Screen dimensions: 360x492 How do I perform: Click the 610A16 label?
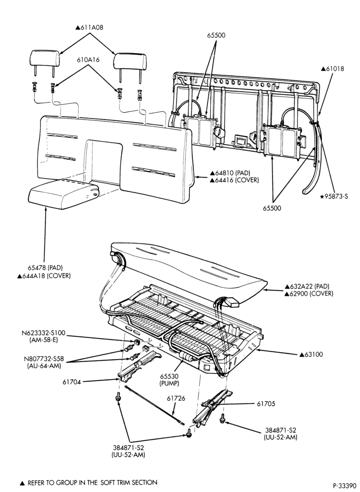88,60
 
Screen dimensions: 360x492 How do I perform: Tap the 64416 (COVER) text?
235,180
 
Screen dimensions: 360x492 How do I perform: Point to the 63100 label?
311,355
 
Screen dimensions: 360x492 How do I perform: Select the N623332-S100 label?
44,333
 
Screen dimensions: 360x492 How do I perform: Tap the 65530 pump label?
169,379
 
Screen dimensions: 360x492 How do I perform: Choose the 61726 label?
176,399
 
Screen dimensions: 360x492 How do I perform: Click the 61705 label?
266,404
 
